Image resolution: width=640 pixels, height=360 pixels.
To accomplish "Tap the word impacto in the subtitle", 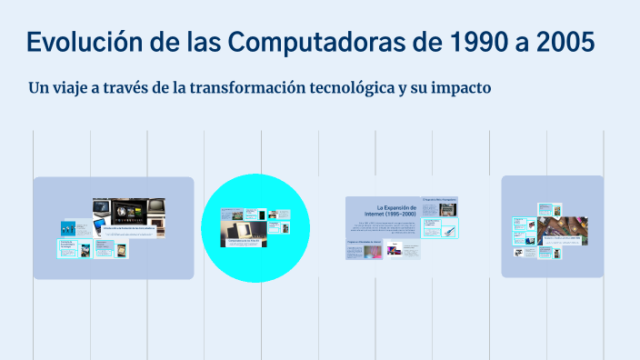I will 459,89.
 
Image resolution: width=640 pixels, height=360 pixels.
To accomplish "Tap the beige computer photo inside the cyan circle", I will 245,233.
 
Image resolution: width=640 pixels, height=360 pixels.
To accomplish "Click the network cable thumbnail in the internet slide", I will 449,232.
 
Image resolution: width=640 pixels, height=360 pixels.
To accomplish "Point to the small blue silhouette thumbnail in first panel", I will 68,228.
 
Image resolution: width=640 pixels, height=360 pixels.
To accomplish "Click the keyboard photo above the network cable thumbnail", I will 448,208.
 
